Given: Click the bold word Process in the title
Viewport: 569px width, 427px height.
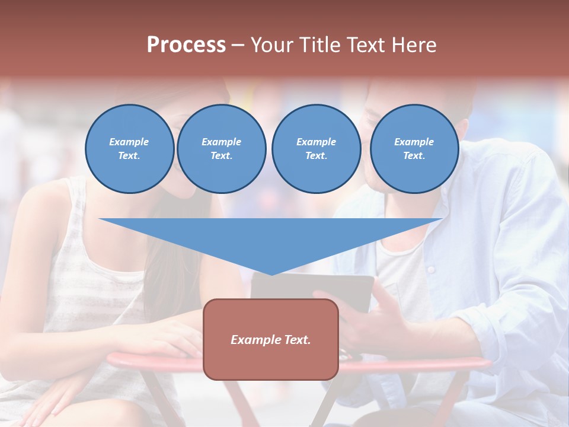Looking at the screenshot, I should (x=186, y=44).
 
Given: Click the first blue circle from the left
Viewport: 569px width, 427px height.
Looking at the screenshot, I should (x=130, y=149).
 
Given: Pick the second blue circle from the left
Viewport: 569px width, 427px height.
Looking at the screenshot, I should (x=222, y=149).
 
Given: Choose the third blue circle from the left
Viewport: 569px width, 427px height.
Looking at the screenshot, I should (x=317, y=149).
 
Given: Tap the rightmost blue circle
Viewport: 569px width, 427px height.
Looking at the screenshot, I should (x=414, y=149).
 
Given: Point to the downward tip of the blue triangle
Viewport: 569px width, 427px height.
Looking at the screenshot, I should (x=271, y=275).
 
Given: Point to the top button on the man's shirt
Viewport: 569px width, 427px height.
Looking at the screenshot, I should (x=431, y=270).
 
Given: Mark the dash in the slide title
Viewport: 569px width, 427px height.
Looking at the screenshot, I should (x=238, y=45).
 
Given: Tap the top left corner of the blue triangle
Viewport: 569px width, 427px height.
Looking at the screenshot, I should (x=100, y=219).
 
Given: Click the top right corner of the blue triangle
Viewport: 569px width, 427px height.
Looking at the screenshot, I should (x=442, y=219).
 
